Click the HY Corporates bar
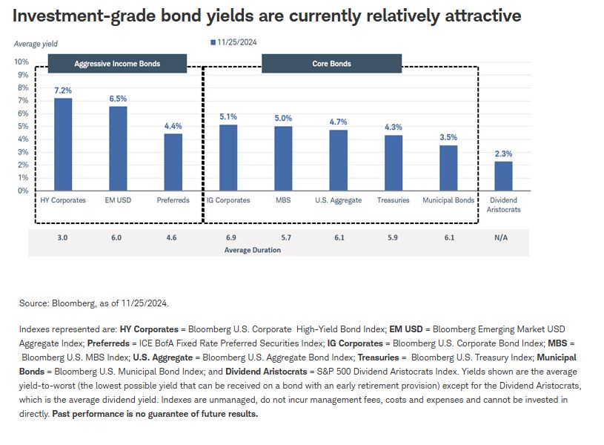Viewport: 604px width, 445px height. click(63, 145)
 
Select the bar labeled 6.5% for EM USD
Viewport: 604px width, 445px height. click(118, 149)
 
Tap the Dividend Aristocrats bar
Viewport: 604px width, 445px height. click(503, 176)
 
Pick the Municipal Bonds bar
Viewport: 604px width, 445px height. click(448, 168)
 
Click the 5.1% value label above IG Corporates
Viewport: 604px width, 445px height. click(228, 117)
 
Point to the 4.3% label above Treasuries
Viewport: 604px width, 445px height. click(393, 128)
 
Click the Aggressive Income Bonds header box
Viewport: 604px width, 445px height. click(117, 64)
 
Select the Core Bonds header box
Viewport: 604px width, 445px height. click(331, 64)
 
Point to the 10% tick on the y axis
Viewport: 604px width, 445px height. click(21, 62)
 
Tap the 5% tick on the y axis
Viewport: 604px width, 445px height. click(23, 126)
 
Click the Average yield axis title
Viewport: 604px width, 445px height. click(36, 44)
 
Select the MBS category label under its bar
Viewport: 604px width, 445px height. click(283, 200)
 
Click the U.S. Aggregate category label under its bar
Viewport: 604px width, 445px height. click(338, 200)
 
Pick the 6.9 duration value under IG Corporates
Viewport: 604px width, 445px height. click(228, 238)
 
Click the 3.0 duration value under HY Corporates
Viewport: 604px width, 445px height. click(63, 238)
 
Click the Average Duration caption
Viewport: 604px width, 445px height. click(252, 250)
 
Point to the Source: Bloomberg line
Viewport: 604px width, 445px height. click(94, 303)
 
